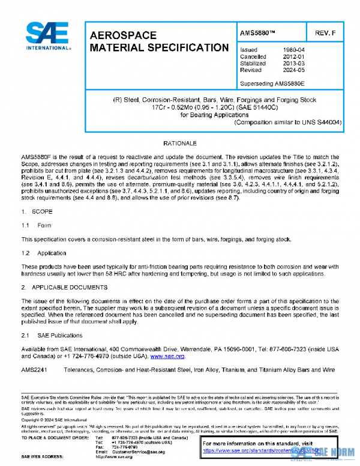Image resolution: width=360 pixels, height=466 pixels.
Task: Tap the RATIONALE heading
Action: (180, 145)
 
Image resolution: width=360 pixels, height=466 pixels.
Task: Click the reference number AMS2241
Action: (36, 368)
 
